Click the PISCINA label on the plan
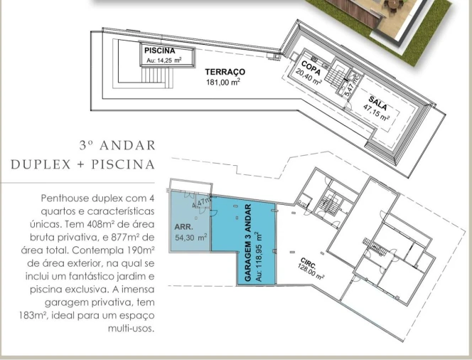coord(160,51)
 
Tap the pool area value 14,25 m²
coord(164,61)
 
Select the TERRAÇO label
coord(225,73)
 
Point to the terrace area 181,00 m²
coord(222,82)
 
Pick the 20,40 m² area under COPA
coord(309,76)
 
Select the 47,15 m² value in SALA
coord(376,113)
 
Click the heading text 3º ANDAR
coord(117,146)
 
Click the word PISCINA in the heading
coord(124,164)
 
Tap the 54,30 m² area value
coord(190,238)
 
